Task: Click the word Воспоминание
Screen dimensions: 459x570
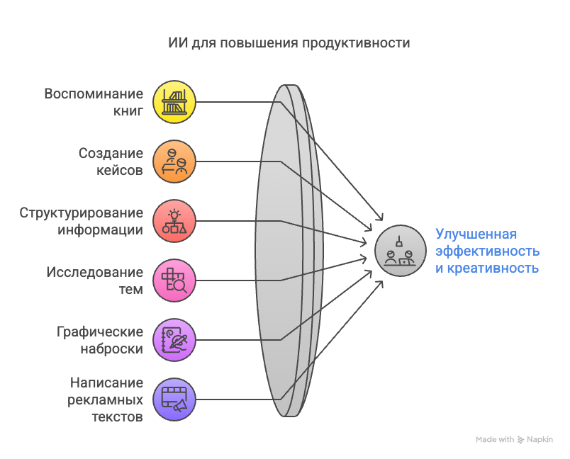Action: pos(94,93)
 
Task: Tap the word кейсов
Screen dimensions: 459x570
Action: pos(119,170)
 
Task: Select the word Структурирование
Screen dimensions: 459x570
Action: pos(82,212)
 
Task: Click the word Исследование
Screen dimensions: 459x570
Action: pos(95,272)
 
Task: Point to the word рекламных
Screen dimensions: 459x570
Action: pos(106,399)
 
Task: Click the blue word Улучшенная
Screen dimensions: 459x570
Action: pos(476,234)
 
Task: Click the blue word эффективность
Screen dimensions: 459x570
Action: pos(487,251)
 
